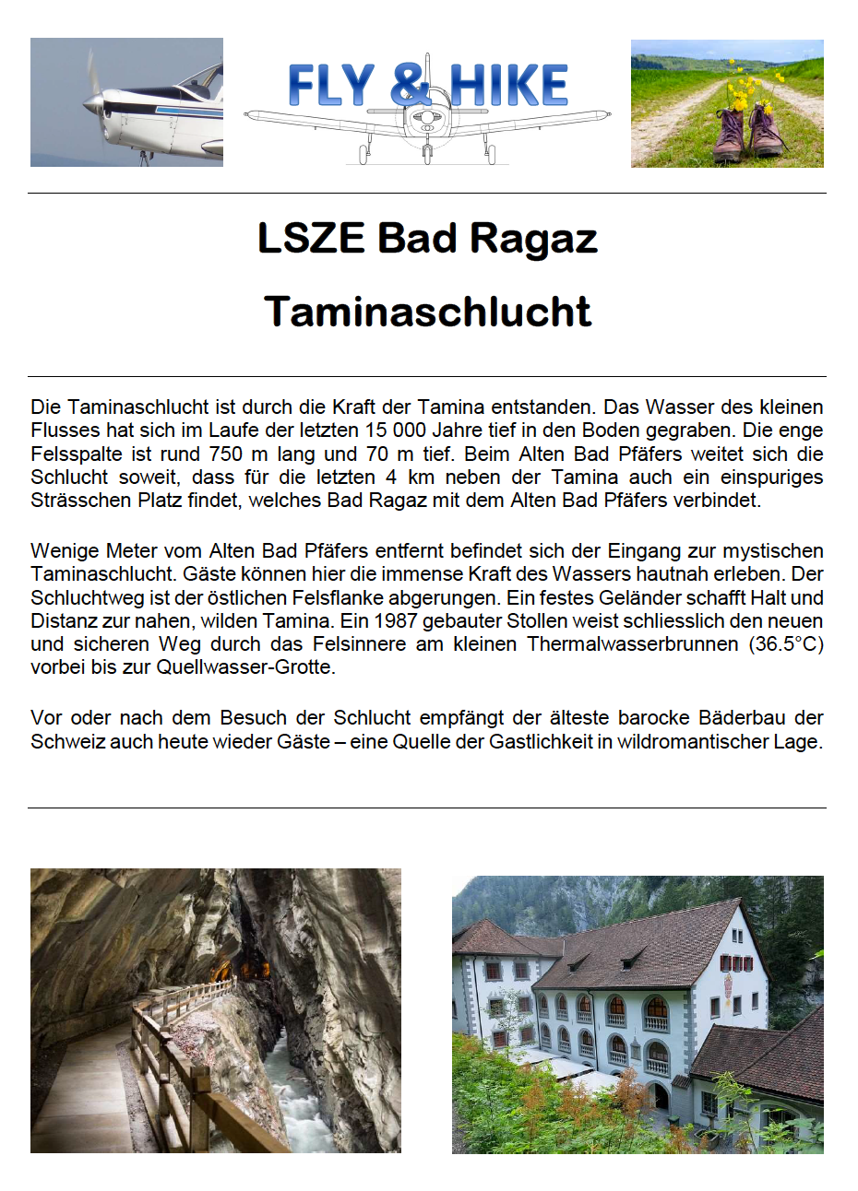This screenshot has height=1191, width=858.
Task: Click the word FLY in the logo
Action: point(331,86)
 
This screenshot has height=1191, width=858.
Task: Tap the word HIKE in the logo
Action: point(510,86)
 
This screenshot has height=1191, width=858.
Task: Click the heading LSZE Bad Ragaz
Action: point(427,238)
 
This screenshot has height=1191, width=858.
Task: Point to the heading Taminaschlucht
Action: point(427,312)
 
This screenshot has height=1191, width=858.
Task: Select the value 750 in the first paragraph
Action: point(225,454)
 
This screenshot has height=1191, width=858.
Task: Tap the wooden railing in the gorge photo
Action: point(175,1060)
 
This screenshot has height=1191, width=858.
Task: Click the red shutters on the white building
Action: point(743,963)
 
